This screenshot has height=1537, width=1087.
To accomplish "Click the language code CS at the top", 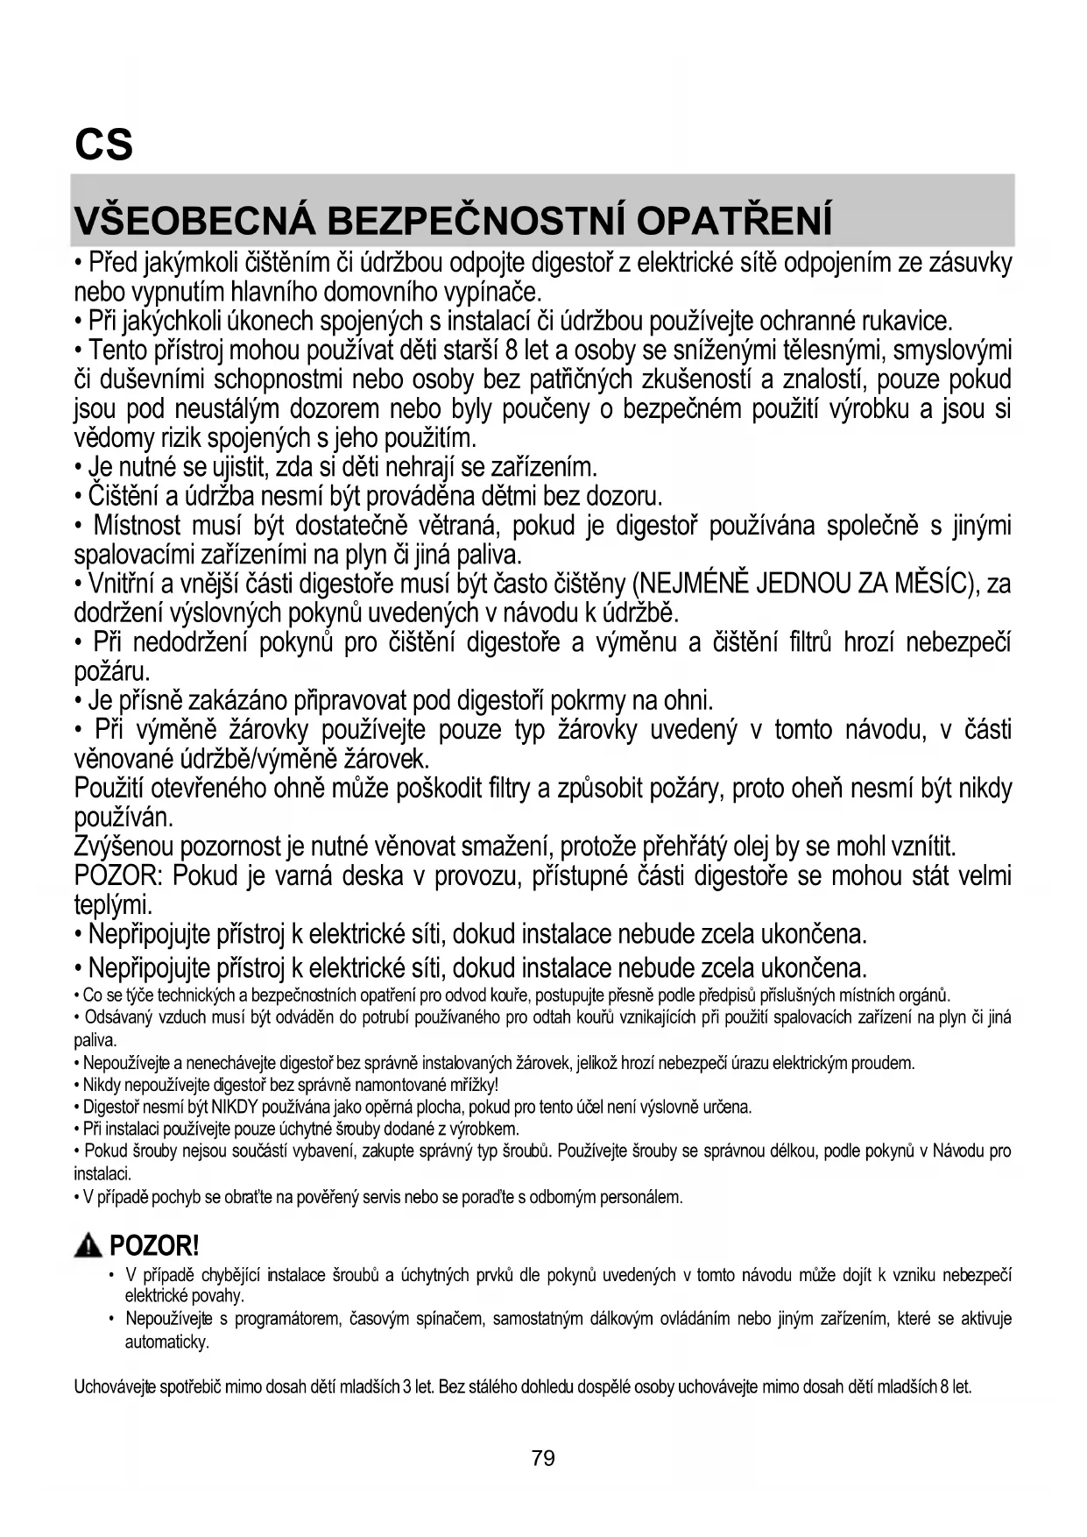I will click(103, 145).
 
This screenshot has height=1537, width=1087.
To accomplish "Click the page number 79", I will click(543, 1458).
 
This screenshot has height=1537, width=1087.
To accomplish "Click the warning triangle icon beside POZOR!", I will click(88, 1245).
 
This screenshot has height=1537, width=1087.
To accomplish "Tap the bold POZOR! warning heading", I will click(155, 1245).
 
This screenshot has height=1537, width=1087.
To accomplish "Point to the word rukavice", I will click(907, 322).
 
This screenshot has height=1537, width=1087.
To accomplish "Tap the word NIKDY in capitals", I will click(235, 1107).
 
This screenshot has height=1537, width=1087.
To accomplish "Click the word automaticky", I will click(166, 1342).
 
